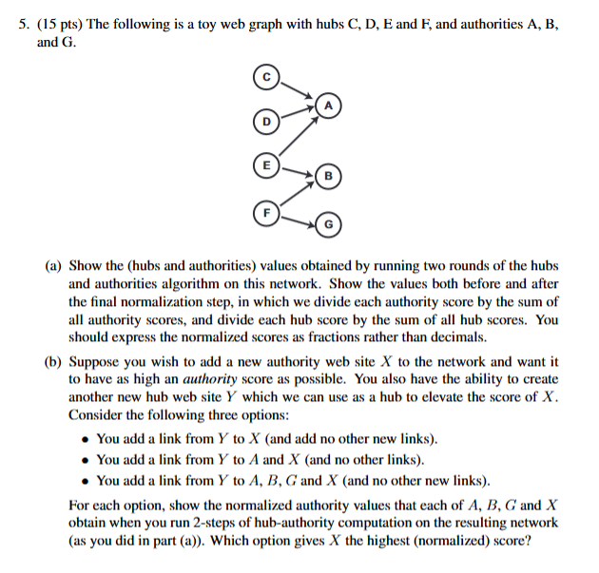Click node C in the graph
click(x=268, y=75)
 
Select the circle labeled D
click(x=267, y=121)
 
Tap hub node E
click(x=267, y=165)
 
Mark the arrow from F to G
click(x=299, y=219)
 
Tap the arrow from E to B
click(x=299, y=172)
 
